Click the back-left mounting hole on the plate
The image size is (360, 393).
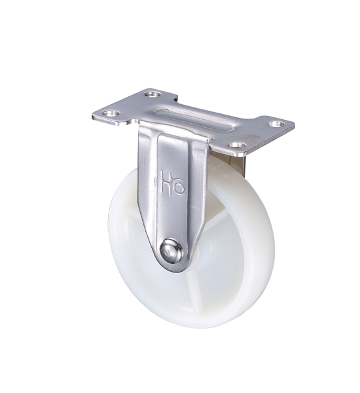[x=153, y=94]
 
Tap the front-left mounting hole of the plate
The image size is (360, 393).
[x=111, y=113]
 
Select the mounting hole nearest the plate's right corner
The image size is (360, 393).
[x=276, y=124]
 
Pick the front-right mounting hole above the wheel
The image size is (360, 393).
[x=237, y=145]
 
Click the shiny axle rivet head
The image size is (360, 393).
[x=172, y=251]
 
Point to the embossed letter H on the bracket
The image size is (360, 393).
[x=167, y=183]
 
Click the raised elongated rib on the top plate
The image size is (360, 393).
[x=196, y=121]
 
